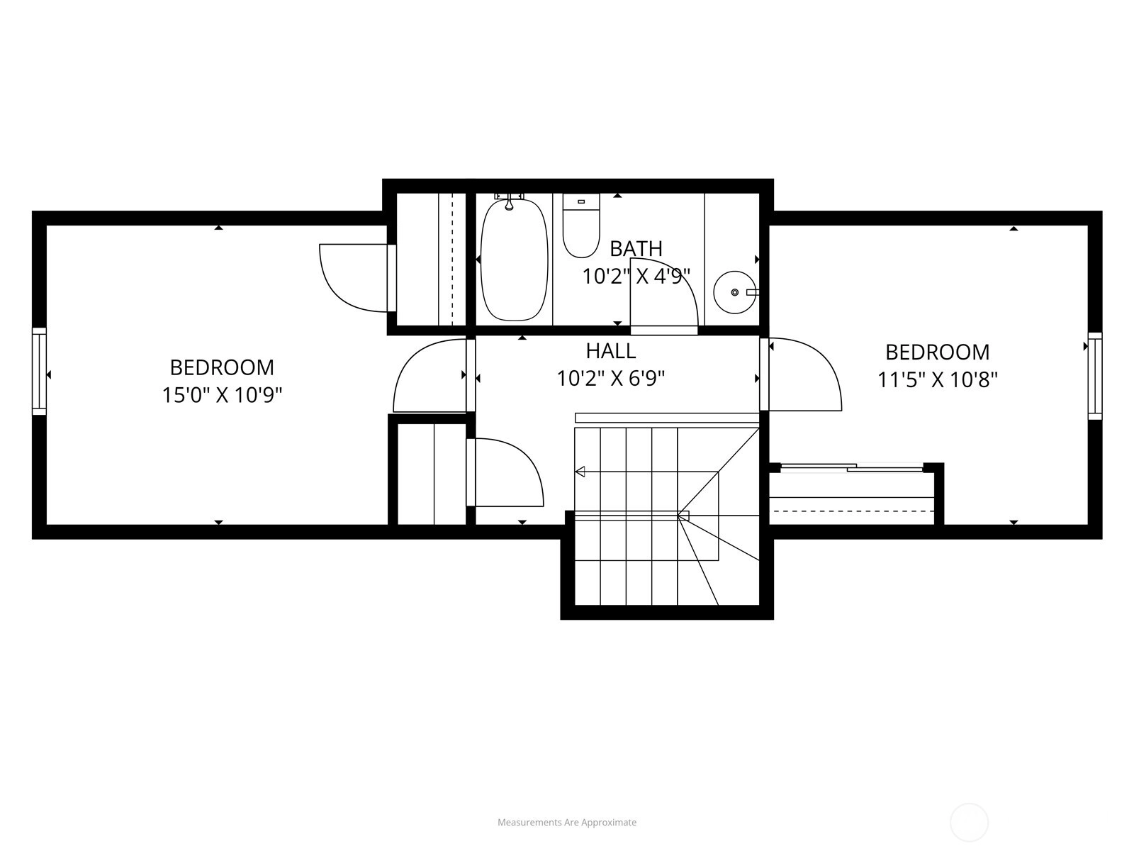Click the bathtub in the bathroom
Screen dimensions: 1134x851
point(514,260)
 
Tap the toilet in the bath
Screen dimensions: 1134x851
point(581,226)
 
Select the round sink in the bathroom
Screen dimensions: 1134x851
point(735,292)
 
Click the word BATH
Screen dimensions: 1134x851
point(636,249)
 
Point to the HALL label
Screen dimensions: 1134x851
point(611,351)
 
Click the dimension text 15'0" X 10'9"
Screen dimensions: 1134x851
point(222,396)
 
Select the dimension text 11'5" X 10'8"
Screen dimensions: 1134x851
point(938,380)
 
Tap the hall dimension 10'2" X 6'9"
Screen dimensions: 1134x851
point(611,379)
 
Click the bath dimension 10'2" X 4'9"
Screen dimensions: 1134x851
point(636,277)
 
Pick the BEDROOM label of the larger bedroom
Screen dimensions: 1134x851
point(222,368)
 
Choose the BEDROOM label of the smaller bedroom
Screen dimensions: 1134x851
point(938,352)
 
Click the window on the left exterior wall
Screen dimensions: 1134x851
point(39,371)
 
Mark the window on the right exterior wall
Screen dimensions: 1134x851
point(1095,376)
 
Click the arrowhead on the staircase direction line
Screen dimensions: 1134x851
point(580,472)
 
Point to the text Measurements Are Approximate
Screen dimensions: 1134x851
point(567,823)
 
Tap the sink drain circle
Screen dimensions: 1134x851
point(735,292)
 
